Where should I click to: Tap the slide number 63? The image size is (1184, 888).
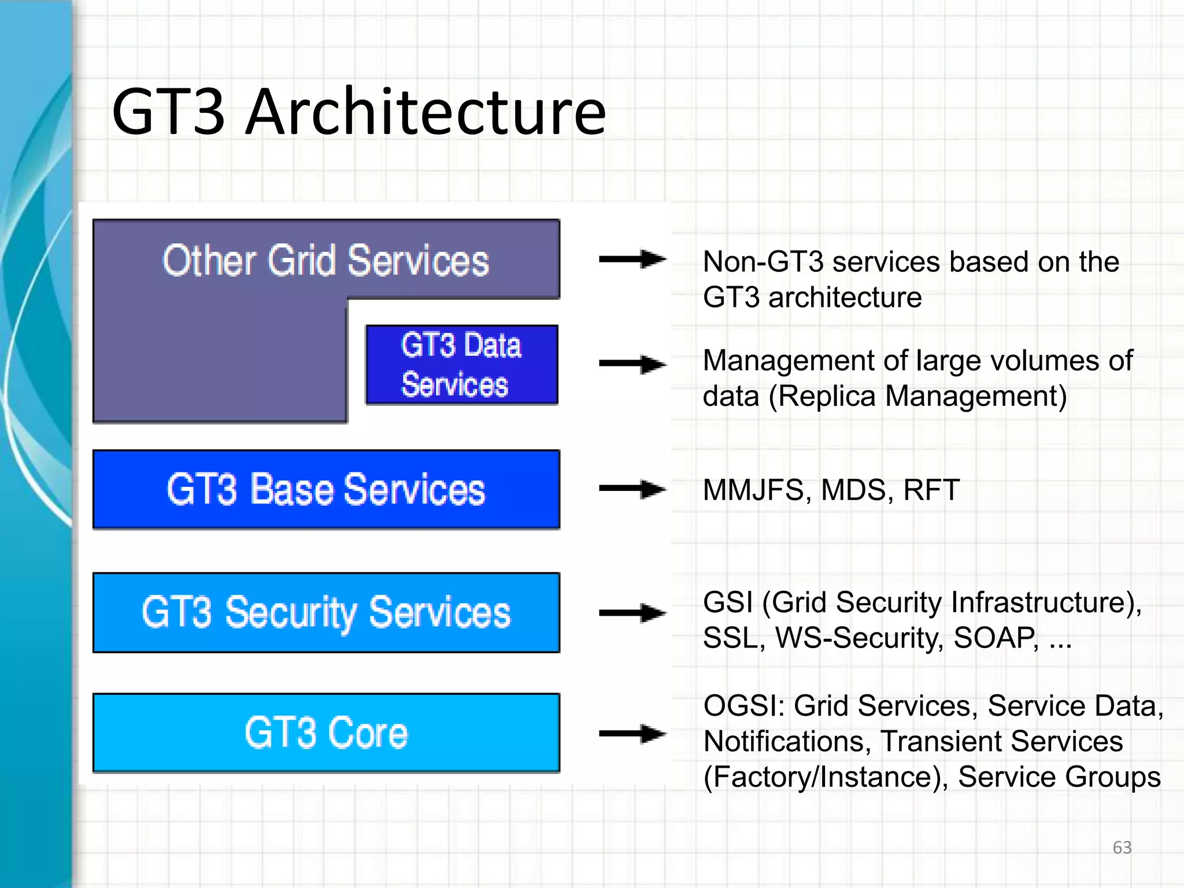(1122, 848)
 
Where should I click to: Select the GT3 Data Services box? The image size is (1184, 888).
(461, 365)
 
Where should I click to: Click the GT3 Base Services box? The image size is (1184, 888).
(326, 490)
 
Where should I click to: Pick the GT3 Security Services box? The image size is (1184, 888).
(326, 613)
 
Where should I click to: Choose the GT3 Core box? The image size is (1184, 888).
(326, 733)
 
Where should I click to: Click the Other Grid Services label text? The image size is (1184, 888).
(325, 261)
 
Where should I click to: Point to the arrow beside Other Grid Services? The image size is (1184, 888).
(632, 259)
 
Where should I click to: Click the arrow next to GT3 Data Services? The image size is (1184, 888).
(632, 364)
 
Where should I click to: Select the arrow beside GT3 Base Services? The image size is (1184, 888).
(632, 489)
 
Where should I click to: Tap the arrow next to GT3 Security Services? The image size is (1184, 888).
(632, 613)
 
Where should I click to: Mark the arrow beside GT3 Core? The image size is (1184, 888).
(632, 734)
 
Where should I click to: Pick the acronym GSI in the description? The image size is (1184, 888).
(727, 602)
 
